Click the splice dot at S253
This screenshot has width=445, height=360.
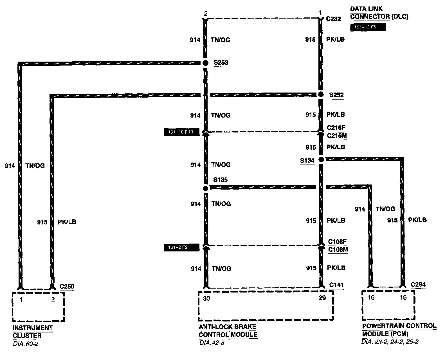tap(205, 63)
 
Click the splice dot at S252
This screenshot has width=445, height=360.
tap(321, 94)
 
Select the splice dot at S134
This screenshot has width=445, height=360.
tap(321, 160)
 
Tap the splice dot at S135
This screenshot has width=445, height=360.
tap(206, 188)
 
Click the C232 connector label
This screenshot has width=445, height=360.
tap(333, 19)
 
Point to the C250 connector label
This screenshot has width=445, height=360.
tap(67, 287)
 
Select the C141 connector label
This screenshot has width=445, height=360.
tap(336, 285)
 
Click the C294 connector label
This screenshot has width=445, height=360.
tap(418, 284)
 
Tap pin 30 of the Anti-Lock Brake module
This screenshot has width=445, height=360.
tap(206, 298)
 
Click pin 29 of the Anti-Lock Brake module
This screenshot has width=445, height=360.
tap(322, 298)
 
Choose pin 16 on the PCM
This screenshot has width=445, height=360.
tap(371, 298)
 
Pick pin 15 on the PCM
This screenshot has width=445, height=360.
tap(403, 298)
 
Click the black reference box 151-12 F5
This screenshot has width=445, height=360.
tap(367, 27)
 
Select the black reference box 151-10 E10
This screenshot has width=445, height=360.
tap(182, 132)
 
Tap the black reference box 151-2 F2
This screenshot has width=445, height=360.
tap(182, 247)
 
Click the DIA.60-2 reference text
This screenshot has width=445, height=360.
tap(25, 344)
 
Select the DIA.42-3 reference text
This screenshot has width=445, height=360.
tap(212, 343)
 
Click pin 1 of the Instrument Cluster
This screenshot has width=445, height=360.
tap(21, 300)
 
